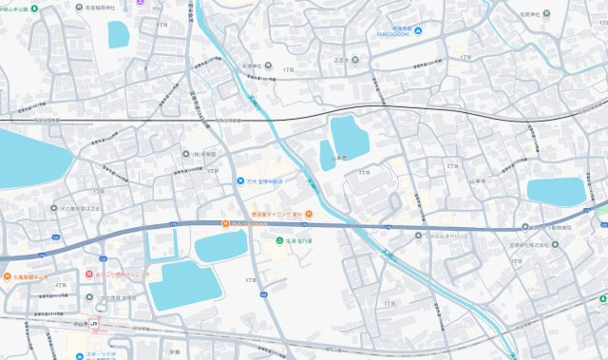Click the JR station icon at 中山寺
pyautogui.click(x=94, y=325)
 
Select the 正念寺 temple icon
pyautogui.click(x=352, y=65)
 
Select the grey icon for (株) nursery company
pyautogui.click(x=186, y=153)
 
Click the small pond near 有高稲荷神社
pyautogui.click(x=119, y=34)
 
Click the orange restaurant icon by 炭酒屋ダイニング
pyautogui.click(x=225, y=224)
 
